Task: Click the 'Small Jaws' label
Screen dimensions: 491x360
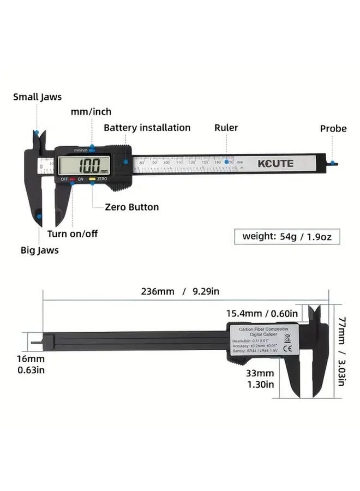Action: (37, 97)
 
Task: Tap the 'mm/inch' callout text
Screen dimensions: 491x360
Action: (91, 112)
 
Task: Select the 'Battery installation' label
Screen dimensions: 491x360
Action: (147, 128)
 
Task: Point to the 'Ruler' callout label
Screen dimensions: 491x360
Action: (226, 128)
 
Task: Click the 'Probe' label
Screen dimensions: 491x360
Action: (333, 129)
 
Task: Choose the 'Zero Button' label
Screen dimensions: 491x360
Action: (133, 207)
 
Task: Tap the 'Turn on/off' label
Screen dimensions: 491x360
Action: (73, 233)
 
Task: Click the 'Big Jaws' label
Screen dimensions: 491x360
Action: (40, 250)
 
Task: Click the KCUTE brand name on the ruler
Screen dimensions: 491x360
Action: (275, 163)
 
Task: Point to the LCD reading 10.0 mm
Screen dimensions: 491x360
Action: (87, 165)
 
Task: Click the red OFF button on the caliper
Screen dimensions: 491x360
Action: (71, 179)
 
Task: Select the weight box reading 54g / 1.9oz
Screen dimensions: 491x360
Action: (287, 236)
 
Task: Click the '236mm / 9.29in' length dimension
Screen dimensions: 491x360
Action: (180, 291)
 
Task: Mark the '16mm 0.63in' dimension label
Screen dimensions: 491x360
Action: (31, 364)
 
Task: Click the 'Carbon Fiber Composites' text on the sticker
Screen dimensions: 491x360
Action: (262, 330)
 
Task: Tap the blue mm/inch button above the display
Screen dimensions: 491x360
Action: (92, 148)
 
